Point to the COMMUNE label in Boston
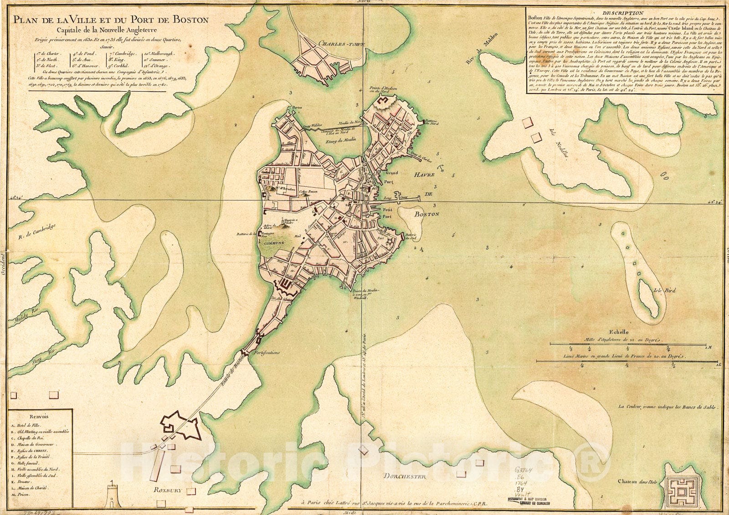pos(273,243)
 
